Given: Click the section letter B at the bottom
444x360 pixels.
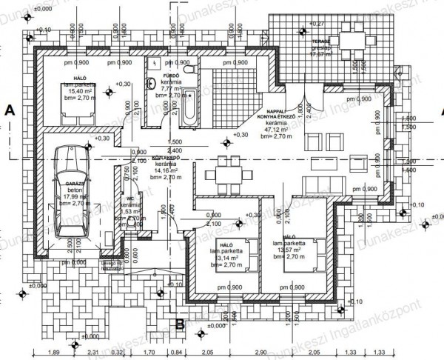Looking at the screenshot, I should [179, 323].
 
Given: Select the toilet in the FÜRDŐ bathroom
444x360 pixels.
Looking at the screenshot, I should [190, 69].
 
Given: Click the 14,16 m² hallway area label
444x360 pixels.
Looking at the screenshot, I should [163, 170].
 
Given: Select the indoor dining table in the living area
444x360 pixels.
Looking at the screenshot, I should [227, 174].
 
